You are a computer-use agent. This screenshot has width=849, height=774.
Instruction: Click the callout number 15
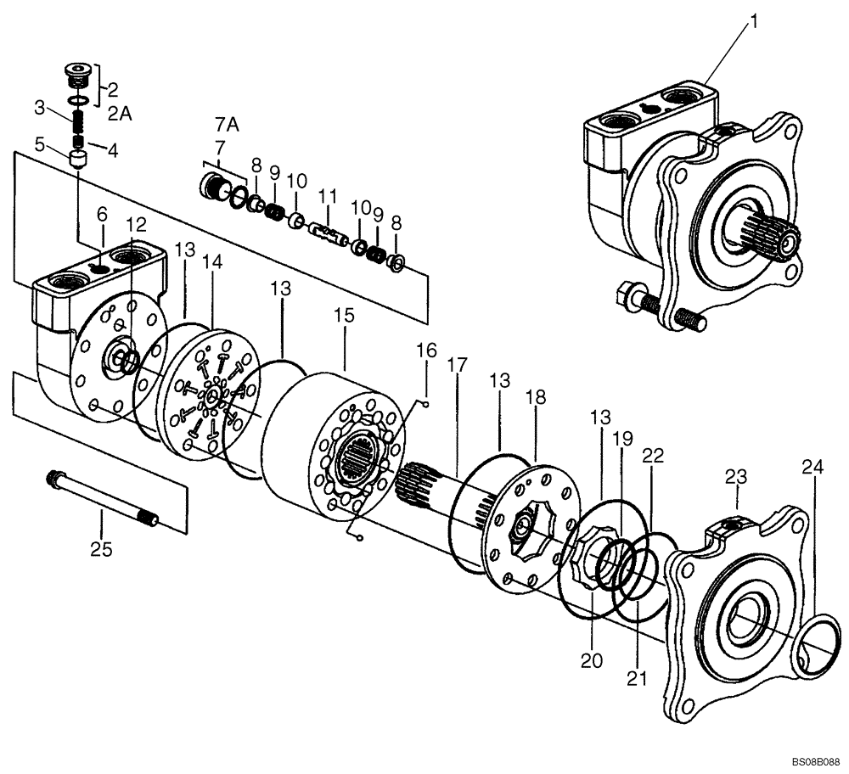344,315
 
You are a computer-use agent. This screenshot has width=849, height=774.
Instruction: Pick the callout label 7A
228,125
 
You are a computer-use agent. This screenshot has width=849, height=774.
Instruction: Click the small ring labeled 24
815,645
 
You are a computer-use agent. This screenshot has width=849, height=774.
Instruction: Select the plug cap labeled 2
79,75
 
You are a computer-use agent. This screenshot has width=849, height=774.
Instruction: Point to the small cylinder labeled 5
79,160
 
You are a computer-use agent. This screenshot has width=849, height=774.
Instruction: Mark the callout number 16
425,349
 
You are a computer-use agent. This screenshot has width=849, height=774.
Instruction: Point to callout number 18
536,399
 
